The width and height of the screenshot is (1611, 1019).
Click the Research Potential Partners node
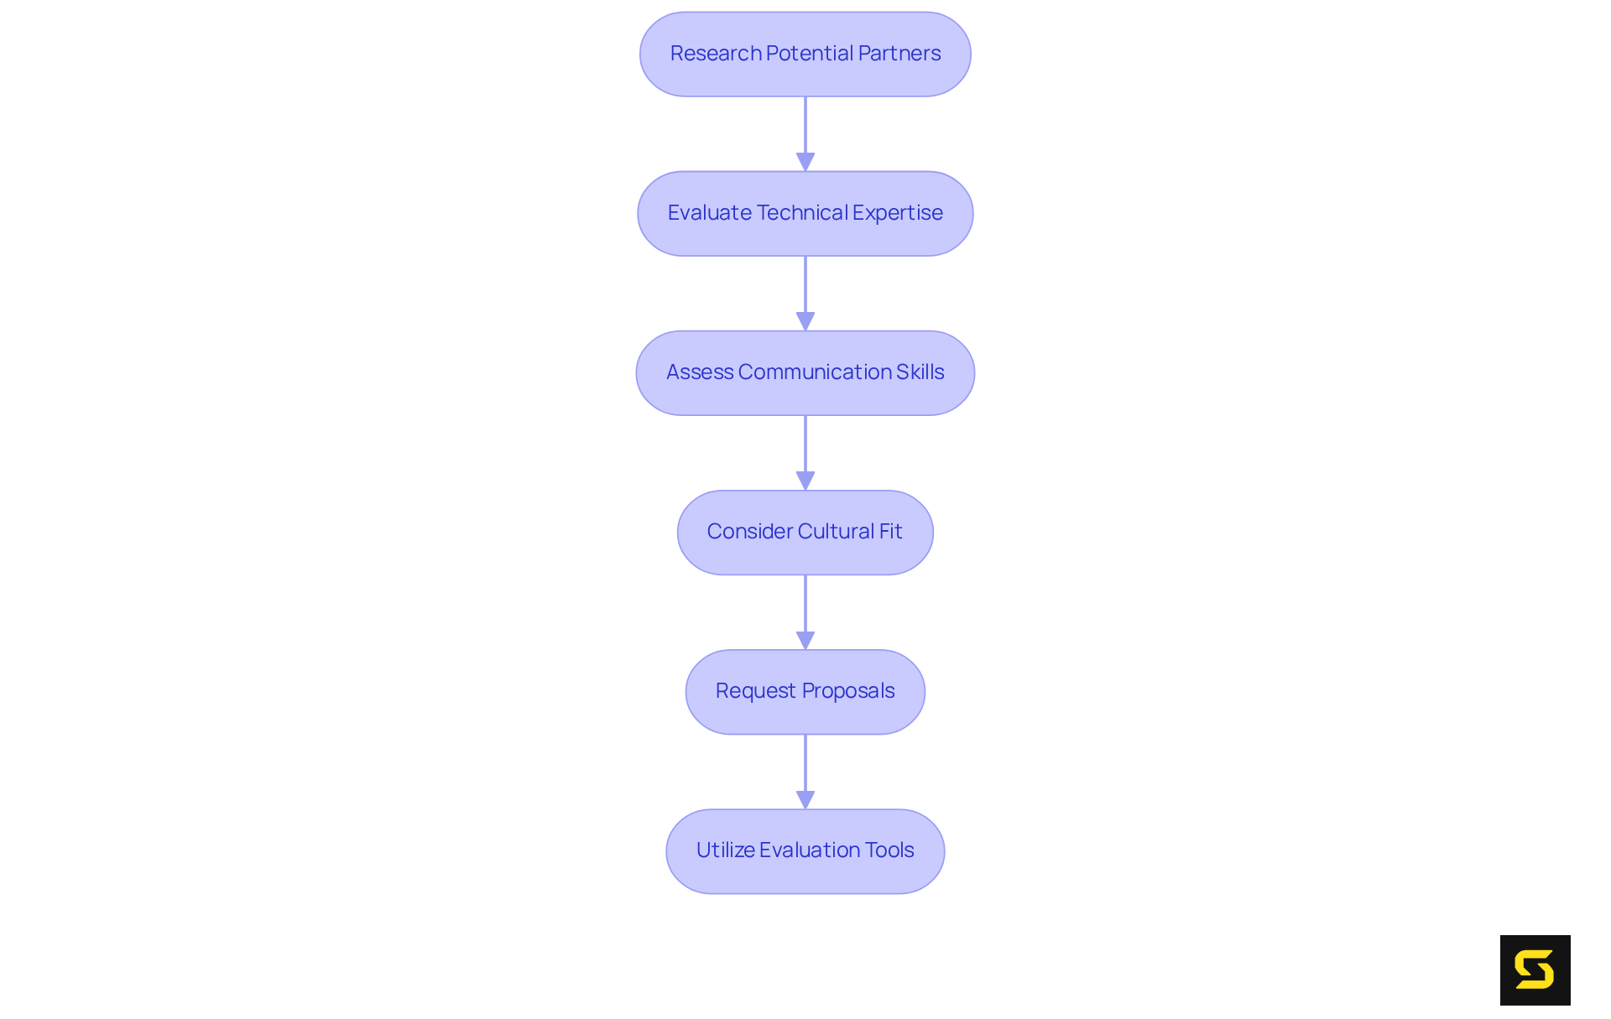click(x=805, y=55)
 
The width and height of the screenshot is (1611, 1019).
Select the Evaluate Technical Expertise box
click(x=805, y=214)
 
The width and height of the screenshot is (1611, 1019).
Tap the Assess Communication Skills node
click(x=805, y=373)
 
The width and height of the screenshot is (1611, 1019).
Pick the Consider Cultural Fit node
click(x=805, y=533)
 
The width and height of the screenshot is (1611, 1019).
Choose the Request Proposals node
click(x=805, y=692)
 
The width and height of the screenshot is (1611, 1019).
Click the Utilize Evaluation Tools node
click(x=805, y=851)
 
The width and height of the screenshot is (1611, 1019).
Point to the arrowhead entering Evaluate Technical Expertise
click(x=805, y=162)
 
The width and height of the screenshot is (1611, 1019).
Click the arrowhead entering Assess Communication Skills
click(x=805, y=321)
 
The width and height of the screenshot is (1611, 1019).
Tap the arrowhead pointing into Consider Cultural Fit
click(x=805, y=481)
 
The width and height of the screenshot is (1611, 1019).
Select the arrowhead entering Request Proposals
click(x=805, y=640)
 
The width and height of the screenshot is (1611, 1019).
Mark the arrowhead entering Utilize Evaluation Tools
click(x=805, y=799)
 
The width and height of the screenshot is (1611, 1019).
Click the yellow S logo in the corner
click(x=1535, y=970)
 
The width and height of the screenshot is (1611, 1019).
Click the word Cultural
click(x=836, y=532)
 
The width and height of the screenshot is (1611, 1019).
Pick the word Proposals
click(x=847, y=691)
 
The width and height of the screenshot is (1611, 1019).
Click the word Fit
click(x=890, y=532)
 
